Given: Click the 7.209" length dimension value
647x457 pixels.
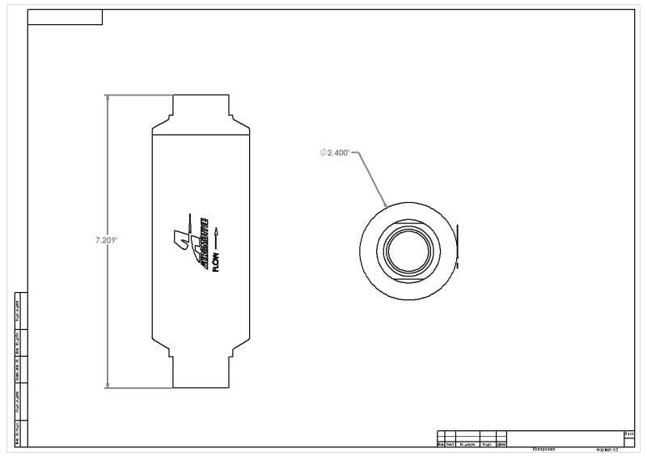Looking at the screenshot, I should click(106, 240).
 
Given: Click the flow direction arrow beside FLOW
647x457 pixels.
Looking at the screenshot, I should click(216, 235).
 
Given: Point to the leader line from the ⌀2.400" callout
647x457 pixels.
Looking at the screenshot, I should click(372, 176).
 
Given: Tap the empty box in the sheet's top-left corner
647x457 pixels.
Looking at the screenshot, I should click(65, 17).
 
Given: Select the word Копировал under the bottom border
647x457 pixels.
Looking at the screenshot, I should click(543, 448).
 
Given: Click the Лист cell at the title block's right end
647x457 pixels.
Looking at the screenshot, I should click(629, 434).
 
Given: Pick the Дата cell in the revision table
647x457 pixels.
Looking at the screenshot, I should click(501, 444).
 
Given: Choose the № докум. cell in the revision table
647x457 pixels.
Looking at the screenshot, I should click(467, 444).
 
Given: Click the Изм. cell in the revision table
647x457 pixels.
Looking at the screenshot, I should click(440, 444).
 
